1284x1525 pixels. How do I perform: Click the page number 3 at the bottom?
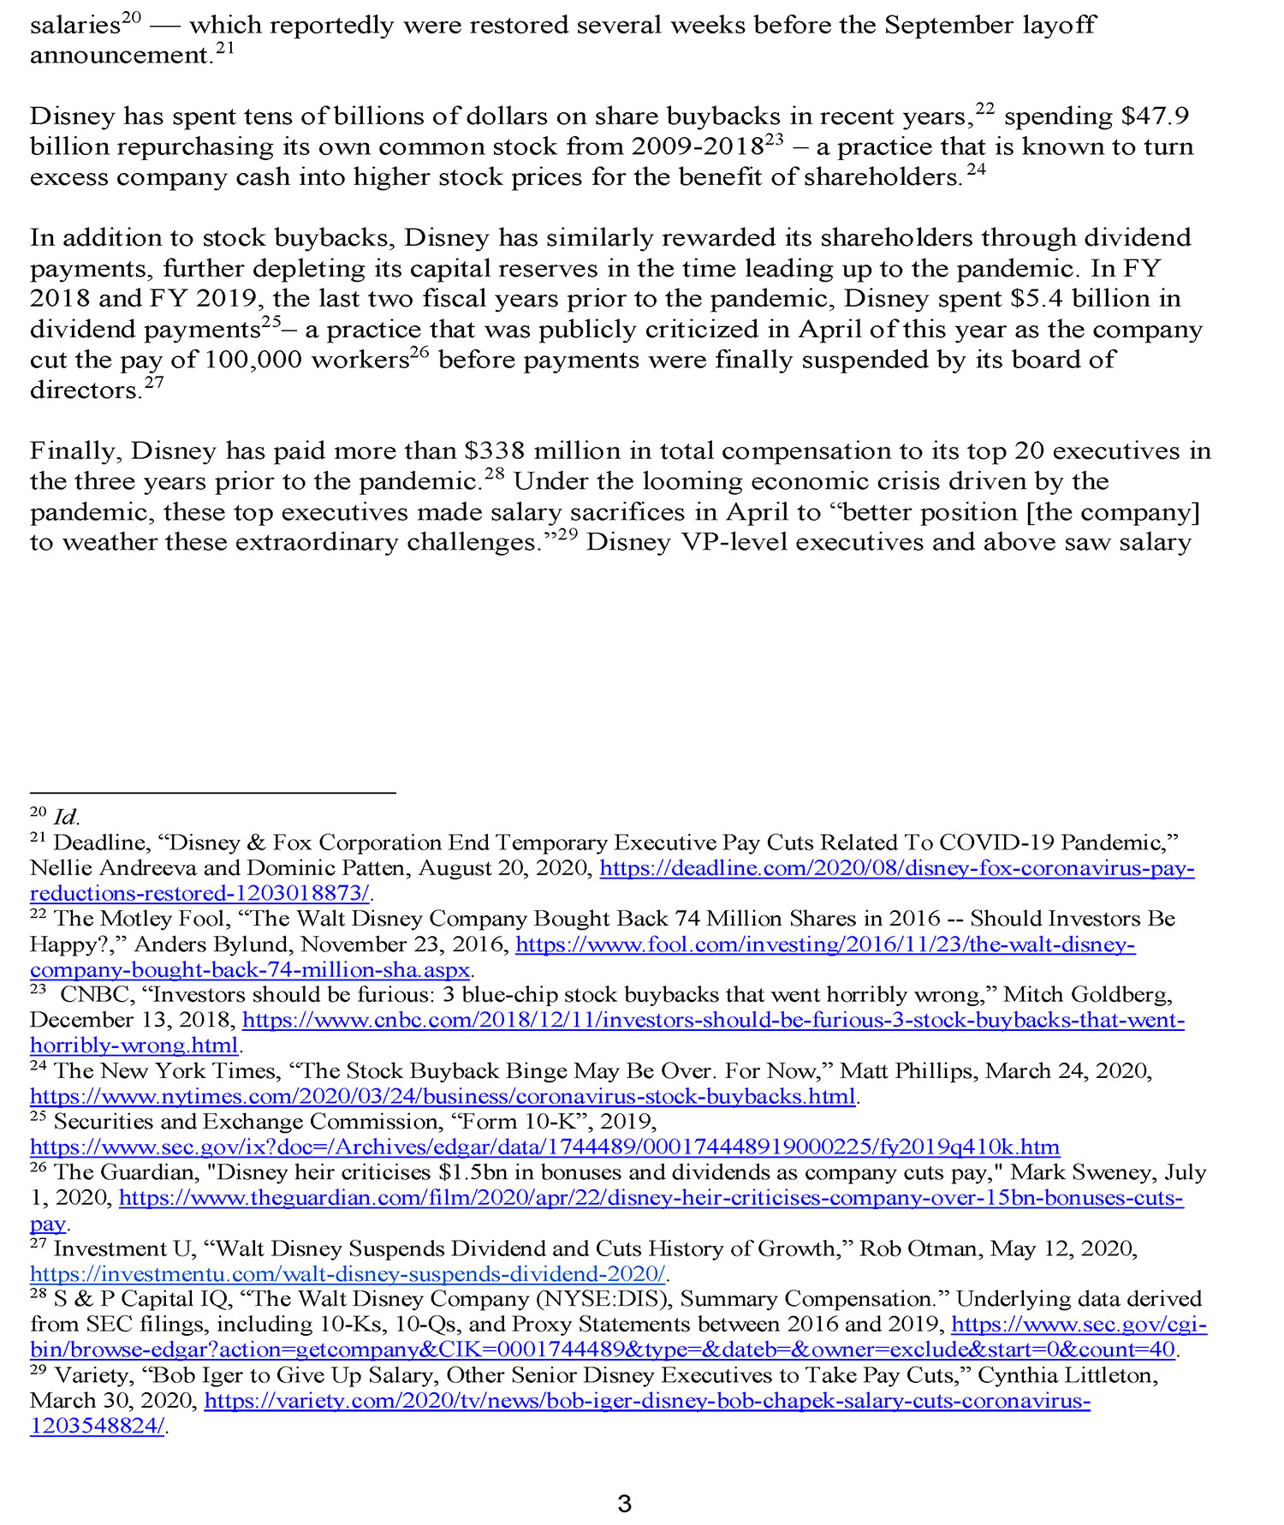click(624, 1503)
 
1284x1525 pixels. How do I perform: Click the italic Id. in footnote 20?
click(66, 817)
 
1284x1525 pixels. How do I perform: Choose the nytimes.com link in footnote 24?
click(443, 1097)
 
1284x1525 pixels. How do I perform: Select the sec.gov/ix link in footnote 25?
click(544, 1147)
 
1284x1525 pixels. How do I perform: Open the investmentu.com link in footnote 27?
click(347, 1274)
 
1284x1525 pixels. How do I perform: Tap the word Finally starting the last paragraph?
click(75, 451)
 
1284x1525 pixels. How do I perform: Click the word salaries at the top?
click(74, 26)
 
